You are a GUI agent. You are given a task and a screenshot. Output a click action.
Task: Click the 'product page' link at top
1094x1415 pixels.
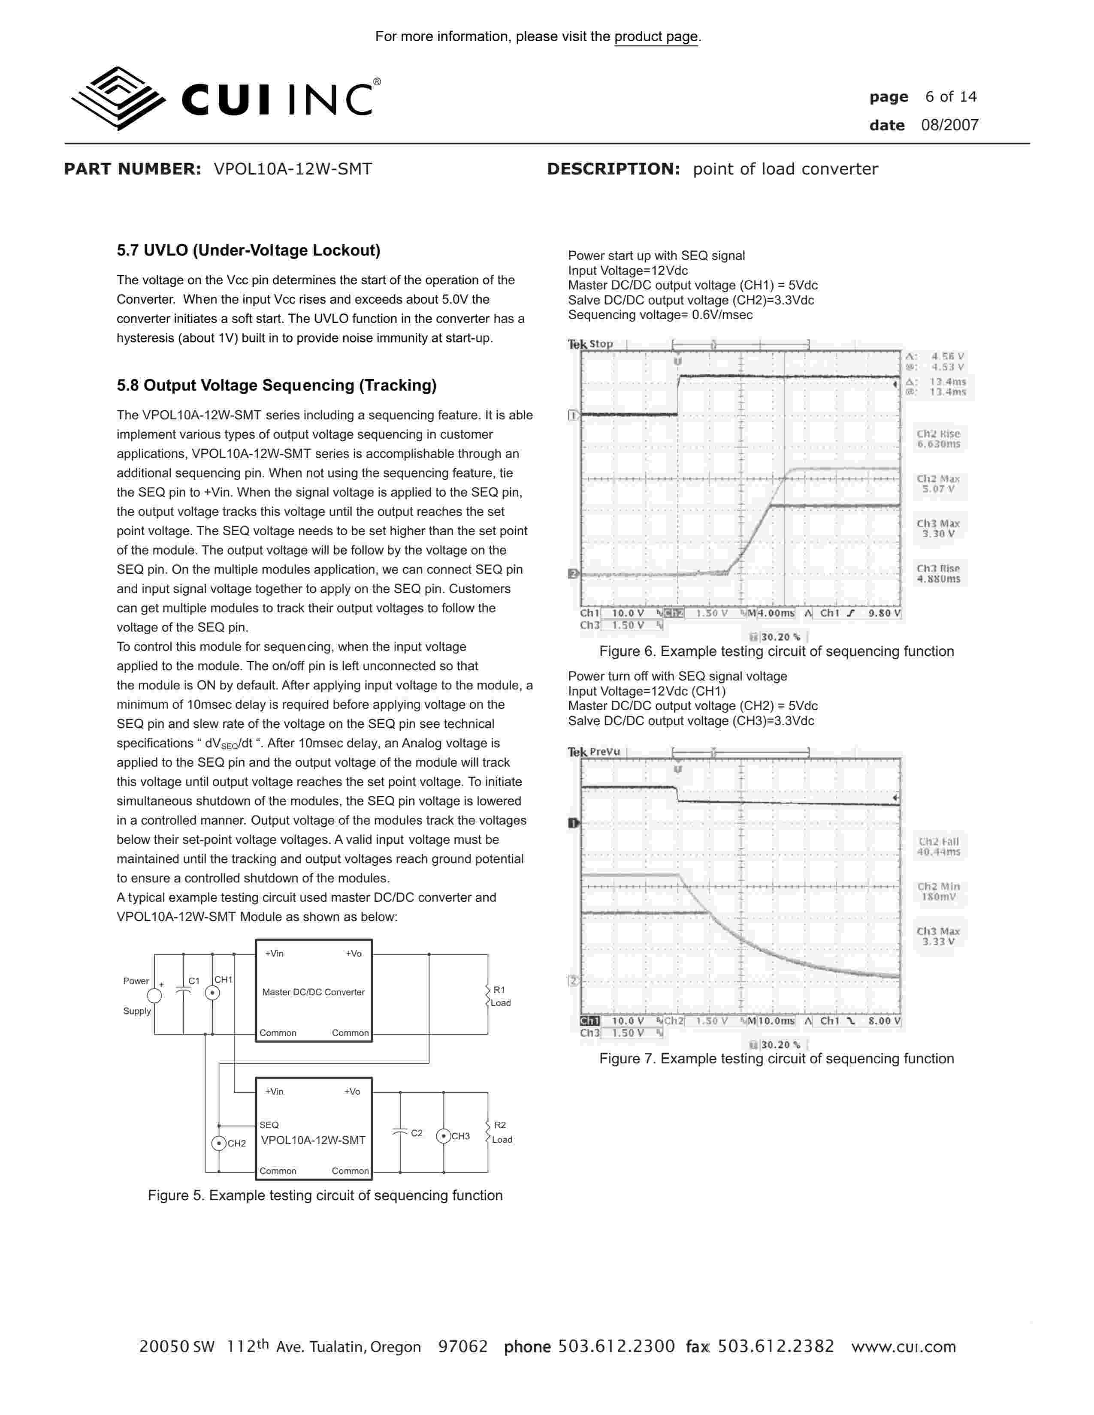(656, 37)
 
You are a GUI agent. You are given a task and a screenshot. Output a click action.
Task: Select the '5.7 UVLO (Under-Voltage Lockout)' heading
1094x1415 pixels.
(248, 251)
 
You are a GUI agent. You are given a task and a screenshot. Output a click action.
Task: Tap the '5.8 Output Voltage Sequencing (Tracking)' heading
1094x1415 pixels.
(276, 385)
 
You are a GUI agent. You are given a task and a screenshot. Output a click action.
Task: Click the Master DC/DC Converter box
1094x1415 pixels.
(314, 991)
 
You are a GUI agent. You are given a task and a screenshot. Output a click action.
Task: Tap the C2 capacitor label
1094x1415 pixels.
(417, 1133)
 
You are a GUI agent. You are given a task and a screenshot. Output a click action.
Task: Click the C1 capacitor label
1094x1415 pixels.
(194, 981)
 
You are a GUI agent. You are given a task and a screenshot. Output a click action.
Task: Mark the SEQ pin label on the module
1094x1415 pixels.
(269, 1125)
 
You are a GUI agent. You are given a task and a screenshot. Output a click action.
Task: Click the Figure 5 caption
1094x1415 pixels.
(325, 1195)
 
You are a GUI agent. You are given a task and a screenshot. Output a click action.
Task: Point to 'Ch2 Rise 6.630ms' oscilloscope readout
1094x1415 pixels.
(938, 439)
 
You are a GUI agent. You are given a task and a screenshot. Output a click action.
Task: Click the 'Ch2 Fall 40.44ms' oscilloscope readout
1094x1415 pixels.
(938, 847)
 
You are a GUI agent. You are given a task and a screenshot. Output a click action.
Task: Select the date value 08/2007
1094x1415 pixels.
(949, 125)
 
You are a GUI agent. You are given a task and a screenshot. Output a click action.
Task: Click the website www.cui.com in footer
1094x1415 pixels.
(904, 1347)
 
